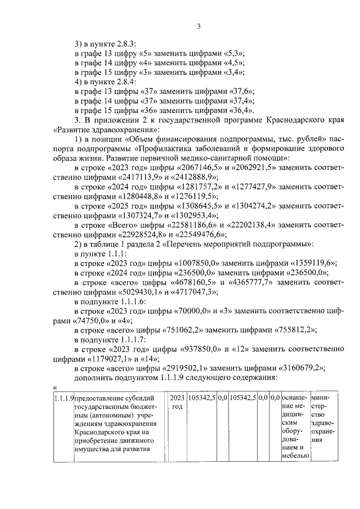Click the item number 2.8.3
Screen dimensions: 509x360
point(120,43)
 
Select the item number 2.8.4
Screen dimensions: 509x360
point(120,81)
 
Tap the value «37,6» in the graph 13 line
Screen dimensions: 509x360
point(240,91)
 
